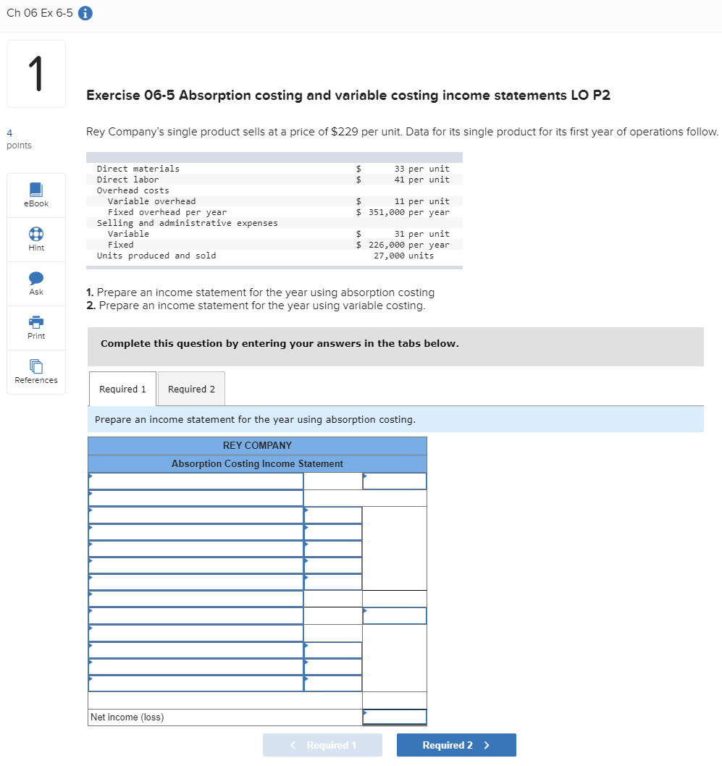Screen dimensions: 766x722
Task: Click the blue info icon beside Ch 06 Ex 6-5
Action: click(85, 13)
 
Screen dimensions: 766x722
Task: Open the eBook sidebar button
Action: click(36, 195)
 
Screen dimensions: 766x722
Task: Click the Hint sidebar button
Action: click(36, 239)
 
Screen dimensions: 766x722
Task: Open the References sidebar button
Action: click(36, 371)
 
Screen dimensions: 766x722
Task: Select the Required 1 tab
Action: click(122, 389)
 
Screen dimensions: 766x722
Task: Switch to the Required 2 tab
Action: click(191, 389)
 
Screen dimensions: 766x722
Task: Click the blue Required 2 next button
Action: click(456, 745)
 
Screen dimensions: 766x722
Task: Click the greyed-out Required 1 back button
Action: click(322, 745)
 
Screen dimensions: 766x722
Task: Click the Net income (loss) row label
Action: click(127, 717)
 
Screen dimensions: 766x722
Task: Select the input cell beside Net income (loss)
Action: click(395, 717)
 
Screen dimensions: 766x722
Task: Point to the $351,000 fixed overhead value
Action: click(403, 212)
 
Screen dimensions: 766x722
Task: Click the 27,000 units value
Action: click(403, 256)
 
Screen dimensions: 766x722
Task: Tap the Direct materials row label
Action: click(138, 169)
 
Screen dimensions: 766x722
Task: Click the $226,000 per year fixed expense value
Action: click(403, 245)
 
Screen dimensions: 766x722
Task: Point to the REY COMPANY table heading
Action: click(257, 445)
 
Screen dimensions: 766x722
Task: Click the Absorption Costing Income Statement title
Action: click(257, 463)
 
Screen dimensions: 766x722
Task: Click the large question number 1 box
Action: click(36, 74)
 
